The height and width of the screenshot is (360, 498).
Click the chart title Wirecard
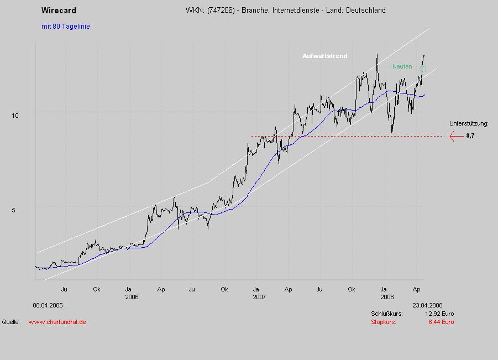[x=59, y=11]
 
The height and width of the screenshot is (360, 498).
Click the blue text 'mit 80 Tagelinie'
[x=65, y=27]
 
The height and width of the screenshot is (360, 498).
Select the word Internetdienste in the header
[x=296, y=11]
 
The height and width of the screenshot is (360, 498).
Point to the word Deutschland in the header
[x=365, y=11]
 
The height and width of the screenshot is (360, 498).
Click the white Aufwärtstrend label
[x=325, y=56]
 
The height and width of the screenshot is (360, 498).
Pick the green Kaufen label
[x=402, y=66]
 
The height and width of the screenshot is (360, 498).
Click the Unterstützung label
[x=469, y=124]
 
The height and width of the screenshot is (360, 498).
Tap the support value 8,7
[x=470, y=135]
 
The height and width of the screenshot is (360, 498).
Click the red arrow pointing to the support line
[x=456, y=135]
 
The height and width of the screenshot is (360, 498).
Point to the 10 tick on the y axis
[x=15, y=115]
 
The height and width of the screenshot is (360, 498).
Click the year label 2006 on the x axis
[x=132, y=297]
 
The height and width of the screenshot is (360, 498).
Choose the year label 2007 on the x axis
[x=259, y=297]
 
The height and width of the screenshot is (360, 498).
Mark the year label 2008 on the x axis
[x=386, y=297]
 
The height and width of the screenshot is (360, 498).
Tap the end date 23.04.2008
[x=427, y=305]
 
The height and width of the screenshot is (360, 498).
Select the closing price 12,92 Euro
[x=439, y=314]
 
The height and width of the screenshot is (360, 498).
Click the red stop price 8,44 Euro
[x=441, y=322]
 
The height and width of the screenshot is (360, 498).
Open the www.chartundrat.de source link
[x=57, y=322]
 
